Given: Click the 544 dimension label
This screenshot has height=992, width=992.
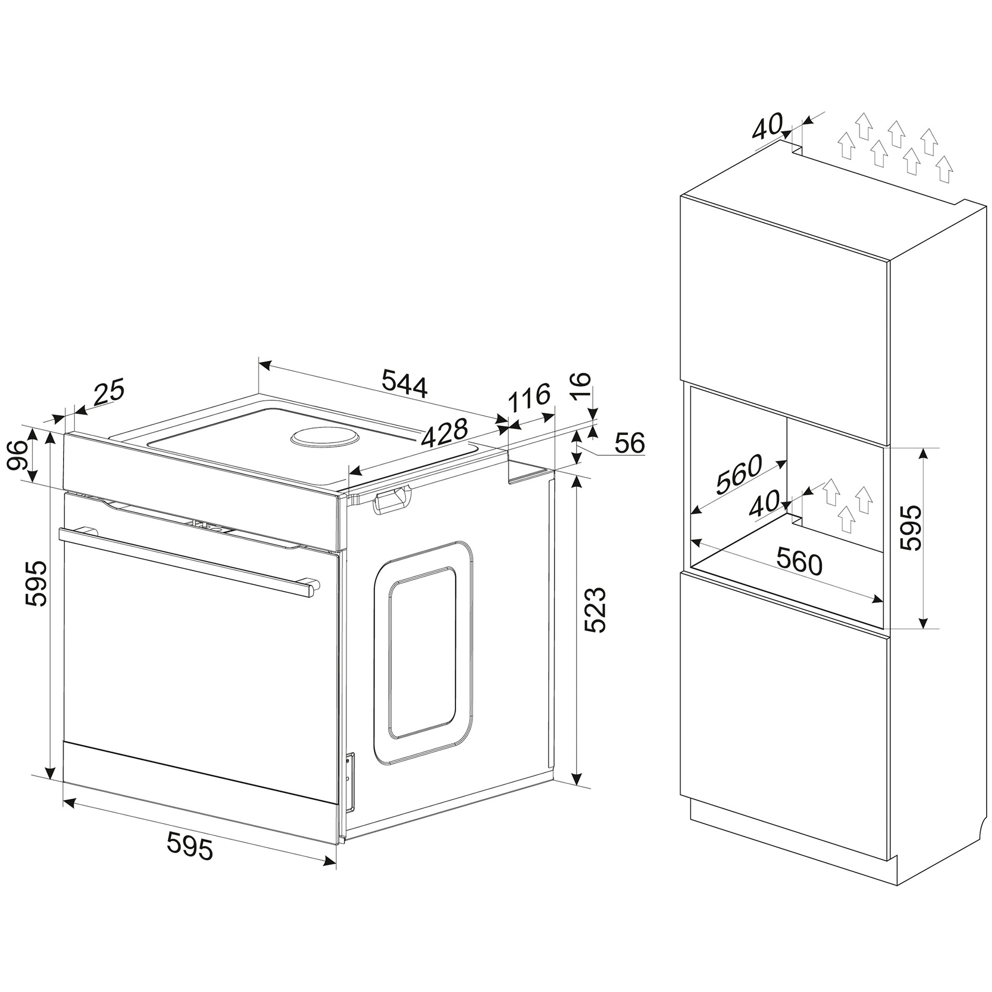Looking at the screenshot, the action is (404, 383).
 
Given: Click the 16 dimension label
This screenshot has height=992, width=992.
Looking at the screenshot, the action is (581, 387).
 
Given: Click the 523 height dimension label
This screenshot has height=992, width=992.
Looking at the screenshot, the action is (595, 610).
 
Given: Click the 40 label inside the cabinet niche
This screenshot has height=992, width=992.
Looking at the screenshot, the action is (764, 505).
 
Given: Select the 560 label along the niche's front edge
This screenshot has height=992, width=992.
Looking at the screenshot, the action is (799, 561).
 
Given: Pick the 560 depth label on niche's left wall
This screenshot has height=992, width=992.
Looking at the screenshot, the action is (739, 475).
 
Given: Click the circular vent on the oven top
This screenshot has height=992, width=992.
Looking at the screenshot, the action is (325, 437).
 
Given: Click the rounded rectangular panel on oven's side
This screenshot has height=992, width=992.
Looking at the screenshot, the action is (423, 652).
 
